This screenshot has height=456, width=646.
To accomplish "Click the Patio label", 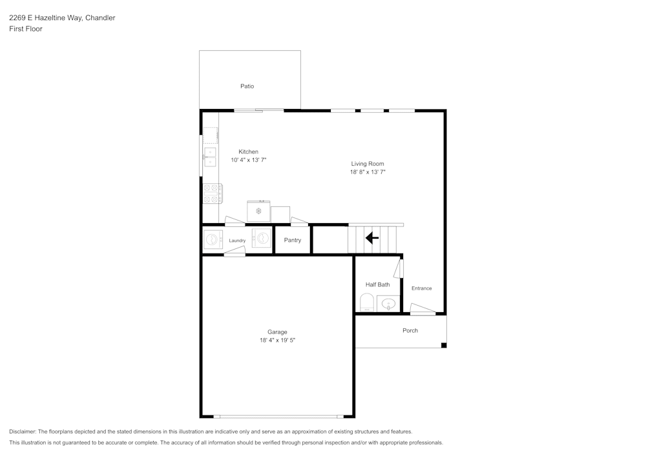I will tap(247, 86).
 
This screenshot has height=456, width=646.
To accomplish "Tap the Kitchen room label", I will tap(249, 152).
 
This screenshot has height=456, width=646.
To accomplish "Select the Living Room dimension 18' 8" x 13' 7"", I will tap(368, 172).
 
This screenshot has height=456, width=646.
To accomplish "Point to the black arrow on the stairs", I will tap(371, 239).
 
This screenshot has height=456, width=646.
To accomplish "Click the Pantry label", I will tap(293, 240).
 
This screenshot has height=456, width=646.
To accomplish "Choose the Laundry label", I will tap(237, 241).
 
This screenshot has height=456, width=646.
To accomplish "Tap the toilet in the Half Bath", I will tap(367, 302).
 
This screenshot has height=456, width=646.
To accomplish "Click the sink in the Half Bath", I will tap(388, 303).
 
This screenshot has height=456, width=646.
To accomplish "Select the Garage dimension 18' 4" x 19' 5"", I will tap(277, 340).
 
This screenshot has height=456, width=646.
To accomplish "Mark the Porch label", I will tap(410, 331).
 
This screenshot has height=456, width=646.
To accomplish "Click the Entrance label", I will tap(422, 288).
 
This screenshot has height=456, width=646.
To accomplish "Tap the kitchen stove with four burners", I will tap(213, 193).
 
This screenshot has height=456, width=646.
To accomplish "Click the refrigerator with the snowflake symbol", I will tap(258, 211).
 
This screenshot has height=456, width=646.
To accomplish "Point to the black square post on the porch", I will tap(444, 345).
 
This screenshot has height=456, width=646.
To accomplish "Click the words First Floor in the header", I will tap(26, 29).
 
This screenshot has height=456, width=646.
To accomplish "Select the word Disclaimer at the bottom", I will tap(23, 431).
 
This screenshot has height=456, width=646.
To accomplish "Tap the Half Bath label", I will tap(378, 284).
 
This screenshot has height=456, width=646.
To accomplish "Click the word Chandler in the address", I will tap(100, 18).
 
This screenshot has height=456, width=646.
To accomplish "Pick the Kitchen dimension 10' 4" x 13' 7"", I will tap(249, 159).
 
